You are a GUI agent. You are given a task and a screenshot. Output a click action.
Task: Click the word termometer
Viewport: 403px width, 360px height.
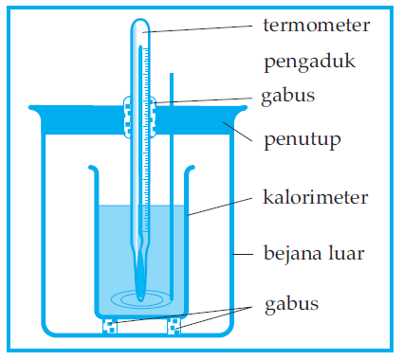[317, 24]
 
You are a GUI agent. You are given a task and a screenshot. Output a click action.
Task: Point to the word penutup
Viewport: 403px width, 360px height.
[302, 140]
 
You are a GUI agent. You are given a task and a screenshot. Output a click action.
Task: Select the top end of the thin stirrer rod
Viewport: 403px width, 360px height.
[171, 76]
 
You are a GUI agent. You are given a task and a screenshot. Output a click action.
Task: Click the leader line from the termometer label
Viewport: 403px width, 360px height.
[199, 28]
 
